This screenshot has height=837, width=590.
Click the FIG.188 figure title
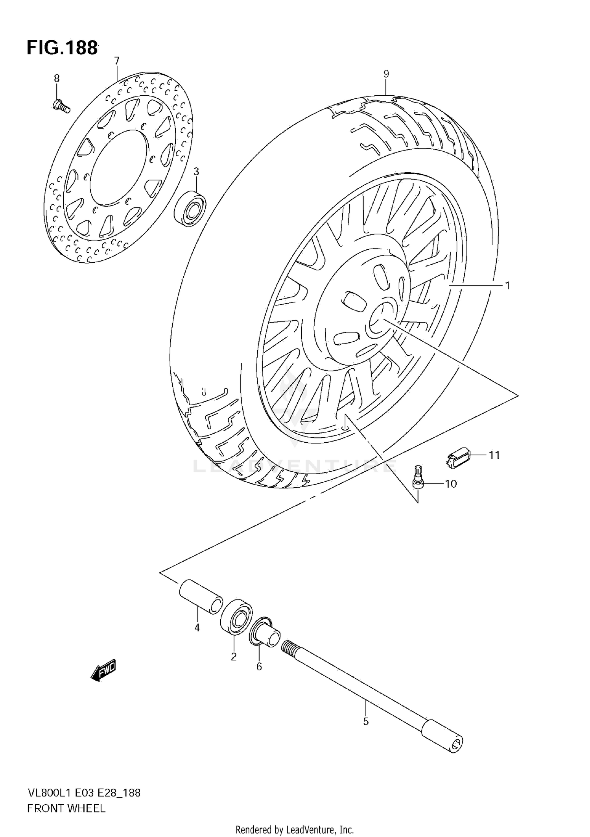[62, 48]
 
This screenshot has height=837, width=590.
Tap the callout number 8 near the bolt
[57, 79]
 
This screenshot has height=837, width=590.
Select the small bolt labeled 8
[61, 106]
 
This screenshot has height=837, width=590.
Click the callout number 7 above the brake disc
[116, 61]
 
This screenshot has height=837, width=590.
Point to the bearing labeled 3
[190, 208]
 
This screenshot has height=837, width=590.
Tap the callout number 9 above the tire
[386, 74]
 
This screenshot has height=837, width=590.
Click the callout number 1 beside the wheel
[507, 286]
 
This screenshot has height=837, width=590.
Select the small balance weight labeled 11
[459, 458]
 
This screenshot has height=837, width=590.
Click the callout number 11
[494, 455]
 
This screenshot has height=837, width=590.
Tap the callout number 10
[451, 484]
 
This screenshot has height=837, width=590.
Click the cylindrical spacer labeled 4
[201, 596]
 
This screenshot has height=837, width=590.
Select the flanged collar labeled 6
[265, 634]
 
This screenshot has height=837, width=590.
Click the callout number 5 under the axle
[366, 722]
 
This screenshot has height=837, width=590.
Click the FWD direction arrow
[103, 670]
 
